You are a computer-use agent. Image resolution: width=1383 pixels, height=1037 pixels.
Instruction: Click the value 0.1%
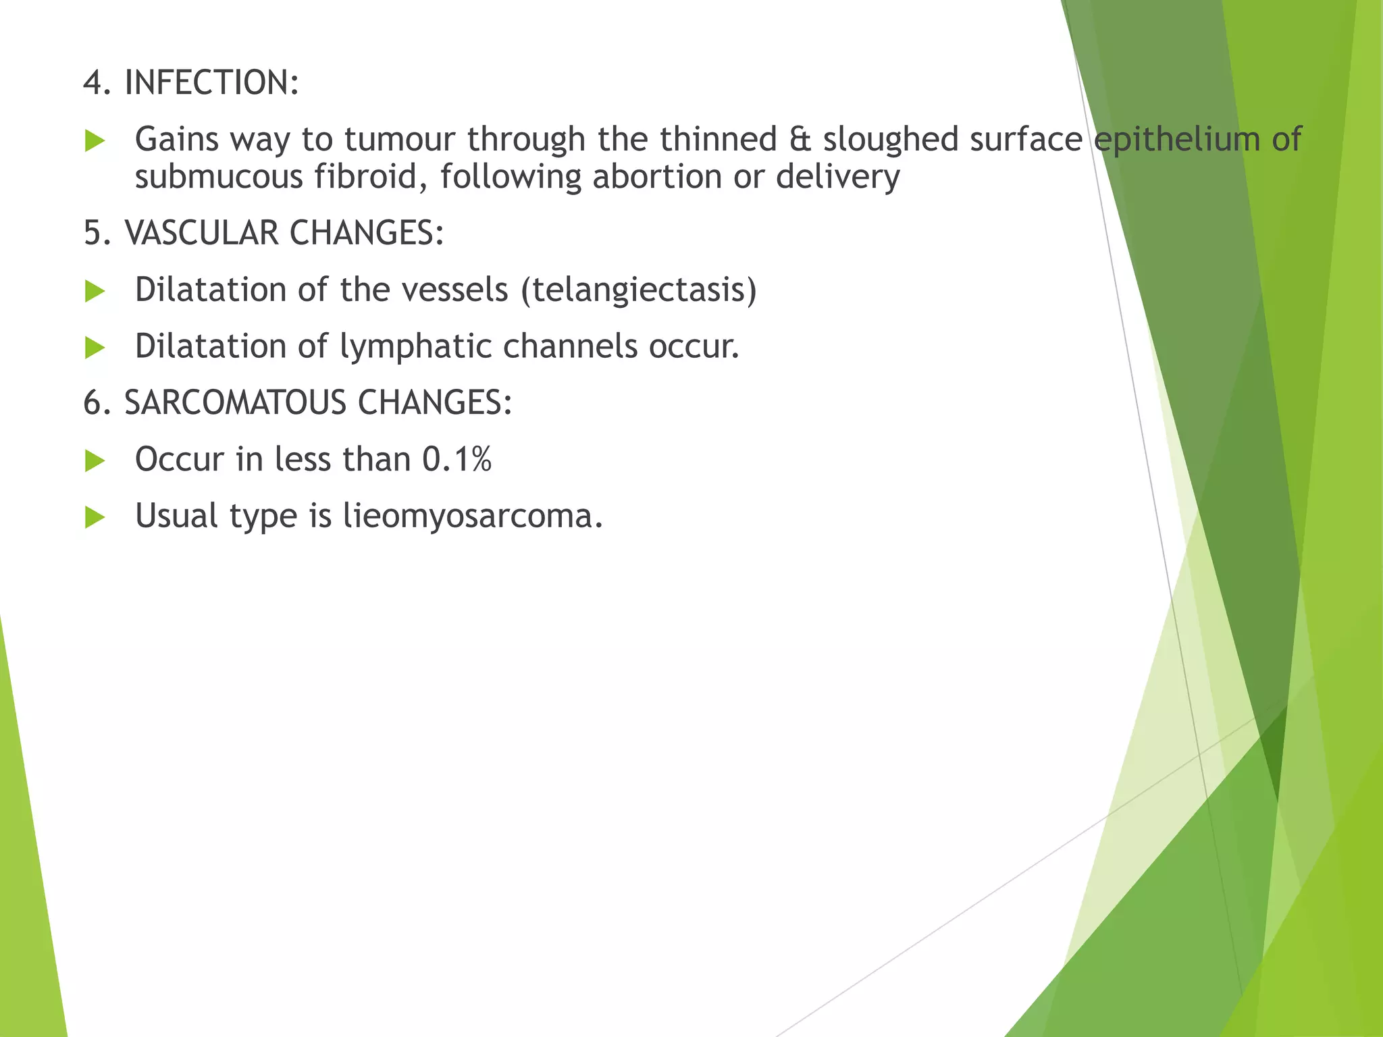click(x=456, y=460)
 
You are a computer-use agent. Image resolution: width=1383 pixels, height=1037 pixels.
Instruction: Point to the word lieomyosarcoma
click(x=473, y=516)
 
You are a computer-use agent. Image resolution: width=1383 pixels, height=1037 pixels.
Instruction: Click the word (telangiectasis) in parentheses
click(x=639, y=290)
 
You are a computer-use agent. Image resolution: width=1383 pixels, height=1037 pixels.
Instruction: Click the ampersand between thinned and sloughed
click(x=800, y=140)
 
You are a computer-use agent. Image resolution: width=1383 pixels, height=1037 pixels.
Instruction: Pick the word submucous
click(x=219, y=178)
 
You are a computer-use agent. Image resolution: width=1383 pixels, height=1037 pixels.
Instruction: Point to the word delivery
click(x=837, y=178)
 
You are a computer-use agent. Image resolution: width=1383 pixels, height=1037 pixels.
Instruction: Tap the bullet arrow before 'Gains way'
click(x=95, y=142)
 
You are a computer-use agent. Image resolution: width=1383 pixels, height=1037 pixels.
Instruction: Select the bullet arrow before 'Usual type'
click(x=95, y=518)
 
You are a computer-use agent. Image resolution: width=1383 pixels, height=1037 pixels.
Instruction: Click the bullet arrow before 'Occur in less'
click(x=95, y=462)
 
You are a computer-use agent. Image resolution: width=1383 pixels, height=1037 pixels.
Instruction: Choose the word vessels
click(x=454, y=290)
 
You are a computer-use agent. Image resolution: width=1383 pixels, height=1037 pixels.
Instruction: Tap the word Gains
click(x=177, y=140)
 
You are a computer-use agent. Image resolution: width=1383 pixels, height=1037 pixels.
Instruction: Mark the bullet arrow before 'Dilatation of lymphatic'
click(x=95, y=349)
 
